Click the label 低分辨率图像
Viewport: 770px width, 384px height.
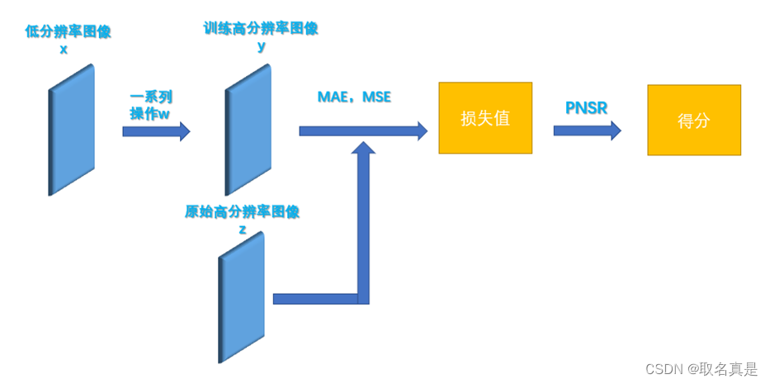[x=69, y=31]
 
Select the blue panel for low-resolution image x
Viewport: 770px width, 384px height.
[x=71, y=130]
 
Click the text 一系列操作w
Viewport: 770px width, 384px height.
[x=150, y=106]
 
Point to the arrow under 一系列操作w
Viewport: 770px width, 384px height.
[x=156, y=131]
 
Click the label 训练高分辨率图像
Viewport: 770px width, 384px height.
[x=261, y=29]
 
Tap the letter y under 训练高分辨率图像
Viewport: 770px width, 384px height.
[x=262, y=46]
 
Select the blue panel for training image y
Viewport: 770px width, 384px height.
[x=248, y=130]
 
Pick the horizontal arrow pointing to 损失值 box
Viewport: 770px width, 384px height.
[x=363, y=130]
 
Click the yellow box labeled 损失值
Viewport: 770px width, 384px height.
[x=485, y=118]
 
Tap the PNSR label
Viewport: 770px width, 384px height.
[x=588, y=108]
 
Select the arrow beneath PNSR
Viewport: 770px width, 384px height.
[x=587, y=130]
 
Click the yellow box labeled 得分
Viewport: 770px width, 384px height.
[x=693, y=121]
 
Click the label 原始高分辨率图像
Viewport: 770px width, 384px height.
[x=242, y=212]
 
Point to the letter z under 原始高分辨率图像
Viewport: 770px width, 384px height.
[x=242, y=230]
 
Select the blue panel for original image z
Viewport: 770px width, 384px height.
[x=242, y=298]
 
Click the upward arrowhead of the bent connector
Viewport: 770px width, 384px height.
[x=363, y=149]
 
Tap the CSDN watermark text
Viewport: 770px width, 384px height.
[x=701, y=369]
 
